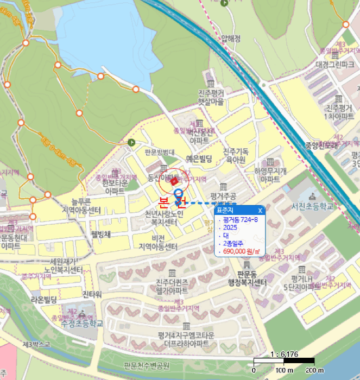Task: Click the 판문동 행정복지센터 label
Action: [248, 278]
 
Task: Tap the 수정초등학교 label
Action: [83, 323]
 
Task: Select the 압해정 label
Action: [231, 38]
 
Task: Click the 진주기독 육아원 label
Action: [236, 155]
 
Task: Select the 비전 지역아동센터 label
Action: [158, 242]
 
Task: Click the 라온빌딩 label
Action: [43, 299]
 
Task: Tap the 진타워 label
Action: [92, 294]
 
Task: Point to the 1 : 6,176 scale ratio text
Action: [283, 354]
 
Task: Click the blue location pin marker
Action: [178, 196]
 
